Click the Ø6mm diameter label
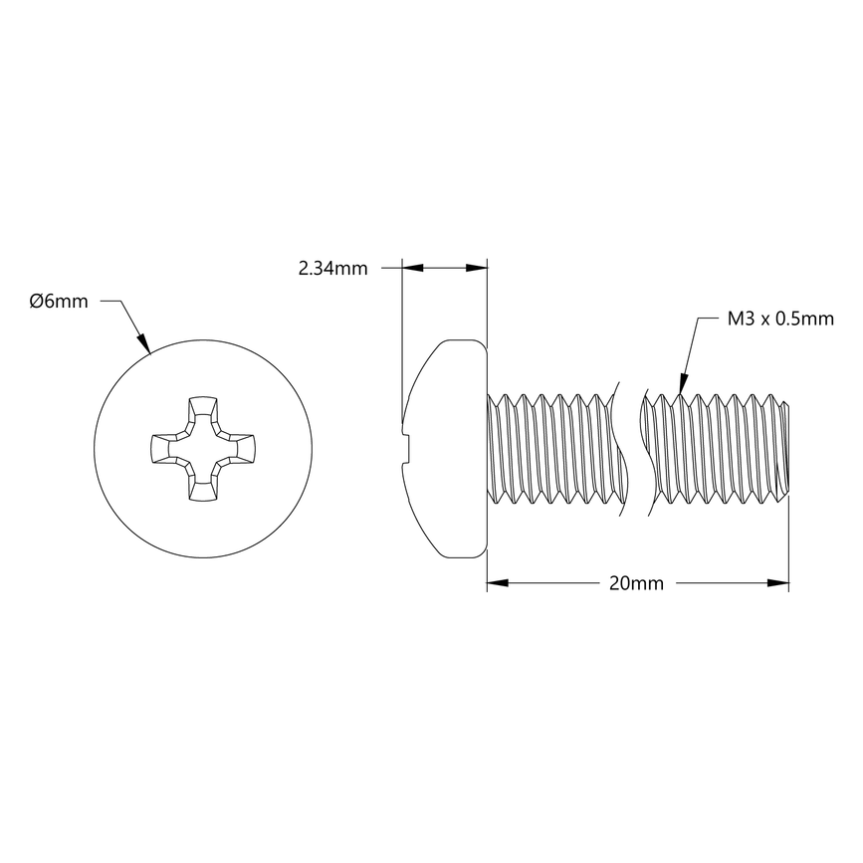pos(59,302)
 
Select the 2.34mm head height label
pos(332,268)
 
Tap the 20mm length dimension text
pos(636,584)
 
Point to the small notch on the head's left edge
pos(405,448)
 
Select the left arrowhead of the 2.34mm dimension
pos(408,267)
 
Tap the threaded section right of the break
pos(712,448)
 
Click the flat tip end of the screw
pos(786,448)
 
